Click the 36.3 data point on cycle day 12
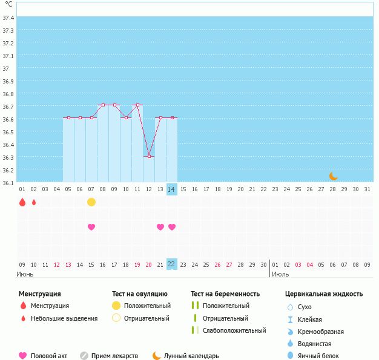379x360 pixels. pyautogui.click(x=149, y=156)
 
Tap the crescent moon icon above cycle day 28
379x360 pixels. pyautogui.click(x=334, y=176)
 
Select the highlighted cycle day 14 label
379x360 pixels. pyautogui.click(x=172, y=190)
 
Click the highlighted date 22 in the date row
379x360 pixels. pyautogui.click(x=172, y=264)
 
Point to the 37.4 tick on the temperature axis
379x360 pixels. pyautogui.click(x=8, y=18)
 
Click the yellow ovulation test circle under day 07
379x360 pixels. pyautogui.click(x=91, y=202)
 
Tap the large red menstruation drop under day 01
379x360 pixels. pyautogui.click(x=22, y=202)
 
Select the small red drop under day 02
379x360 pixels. pyautogui.click(x=34, y=202)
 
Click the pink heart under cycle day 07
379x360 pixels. pyautogui.click(x=91, y=227)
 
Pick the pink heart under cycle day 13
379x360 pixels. pyautogui.click(x=160, y=227)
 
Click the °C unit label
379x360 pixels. pyautogui.click(x=8, y=5)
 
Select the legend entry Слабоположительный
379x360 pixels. pyautogui.click(x=234, y=330)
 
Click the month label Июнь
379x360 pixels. pyautogui.click(x=25, y=274)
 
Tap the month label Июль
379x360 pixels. pyautogui.click(x=280, y=274)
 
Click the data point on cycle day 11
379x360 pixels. pyautogui.click(x=137, y=105)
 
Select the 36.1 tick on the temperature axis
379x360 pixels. pyautogui.click(x=8, y=183)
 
